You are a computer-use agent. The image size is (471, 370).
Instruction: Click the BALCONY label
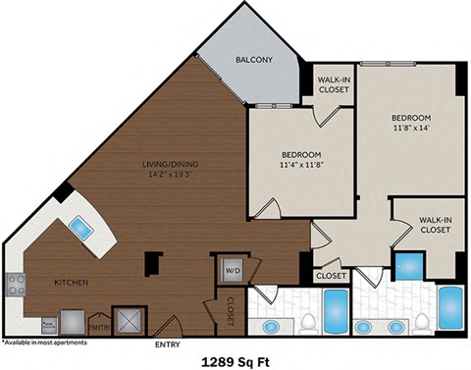(x=253, y=61)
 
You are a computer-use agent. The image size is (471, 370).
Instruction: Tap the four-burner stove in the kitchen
(x=17, y=284)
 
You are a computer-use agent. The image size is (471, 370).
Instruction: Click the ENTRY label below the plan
(x=169, y=344)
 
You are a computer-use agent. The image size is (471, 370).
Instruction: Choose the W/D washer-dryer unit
(x=235, y=266)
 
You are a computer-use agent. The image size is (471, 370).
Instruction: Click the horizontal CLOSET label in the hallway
(x=330, y=276)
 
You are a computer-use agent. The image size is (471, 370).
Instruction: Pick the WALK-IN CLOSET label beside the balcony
(x=333, y=84)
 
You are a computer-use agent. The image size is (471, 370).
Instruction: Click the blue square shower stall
(x=406, y=266)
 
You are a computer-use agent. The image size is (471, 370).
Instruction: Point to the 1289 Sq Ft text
(x=235, y=359)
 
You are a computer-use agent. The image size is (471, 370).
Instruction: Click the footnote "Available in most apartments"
(x=45, y=343)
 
